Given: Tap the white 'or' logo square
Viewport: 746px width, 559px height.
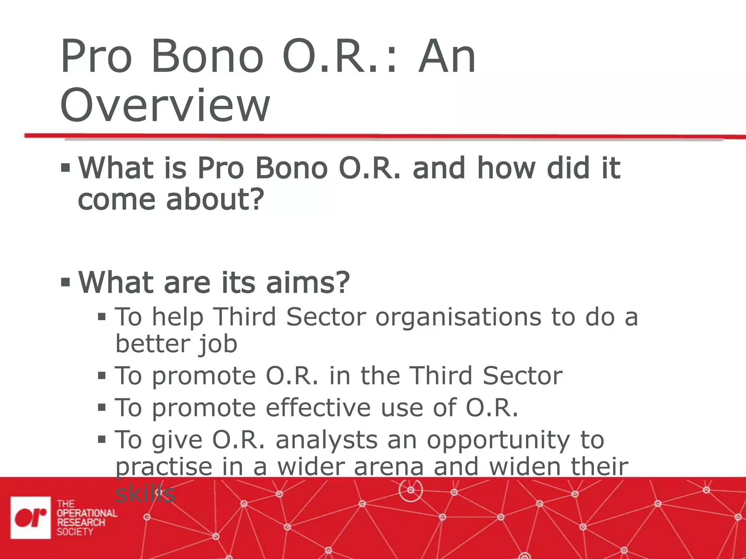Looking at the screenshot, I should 31,517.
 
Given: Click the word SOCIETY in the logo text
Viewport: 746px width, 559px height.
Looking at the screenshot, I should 75,532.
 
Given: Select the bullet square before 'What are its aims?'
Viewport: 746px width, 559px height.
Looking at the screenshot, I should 65,282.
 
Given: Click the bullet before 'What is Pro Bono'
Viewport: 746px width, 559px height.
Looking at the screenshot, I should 65,168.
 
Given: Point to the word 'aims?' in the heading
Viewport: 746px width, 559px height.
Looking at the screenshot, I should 308,282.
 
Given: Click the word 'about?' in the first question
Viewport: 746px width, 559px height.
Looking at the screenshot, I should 215,200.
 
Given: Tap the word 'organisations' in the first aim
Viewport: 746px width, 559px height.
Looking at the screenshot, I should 458,317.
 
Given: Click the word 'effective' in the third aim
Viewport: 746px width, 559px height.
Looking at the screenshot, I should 318,407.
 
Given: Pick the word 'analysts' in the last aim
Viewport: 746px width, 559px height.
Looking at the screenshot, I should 326,440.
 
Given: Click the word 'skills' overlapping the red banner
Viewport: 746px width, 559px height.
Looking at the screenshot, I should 145,493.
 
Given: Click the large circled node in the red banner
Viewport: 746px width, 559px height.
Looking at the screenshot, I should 411,490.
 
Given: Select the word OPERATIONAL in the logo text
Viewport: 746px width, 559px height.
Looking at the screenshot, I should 87,513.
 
